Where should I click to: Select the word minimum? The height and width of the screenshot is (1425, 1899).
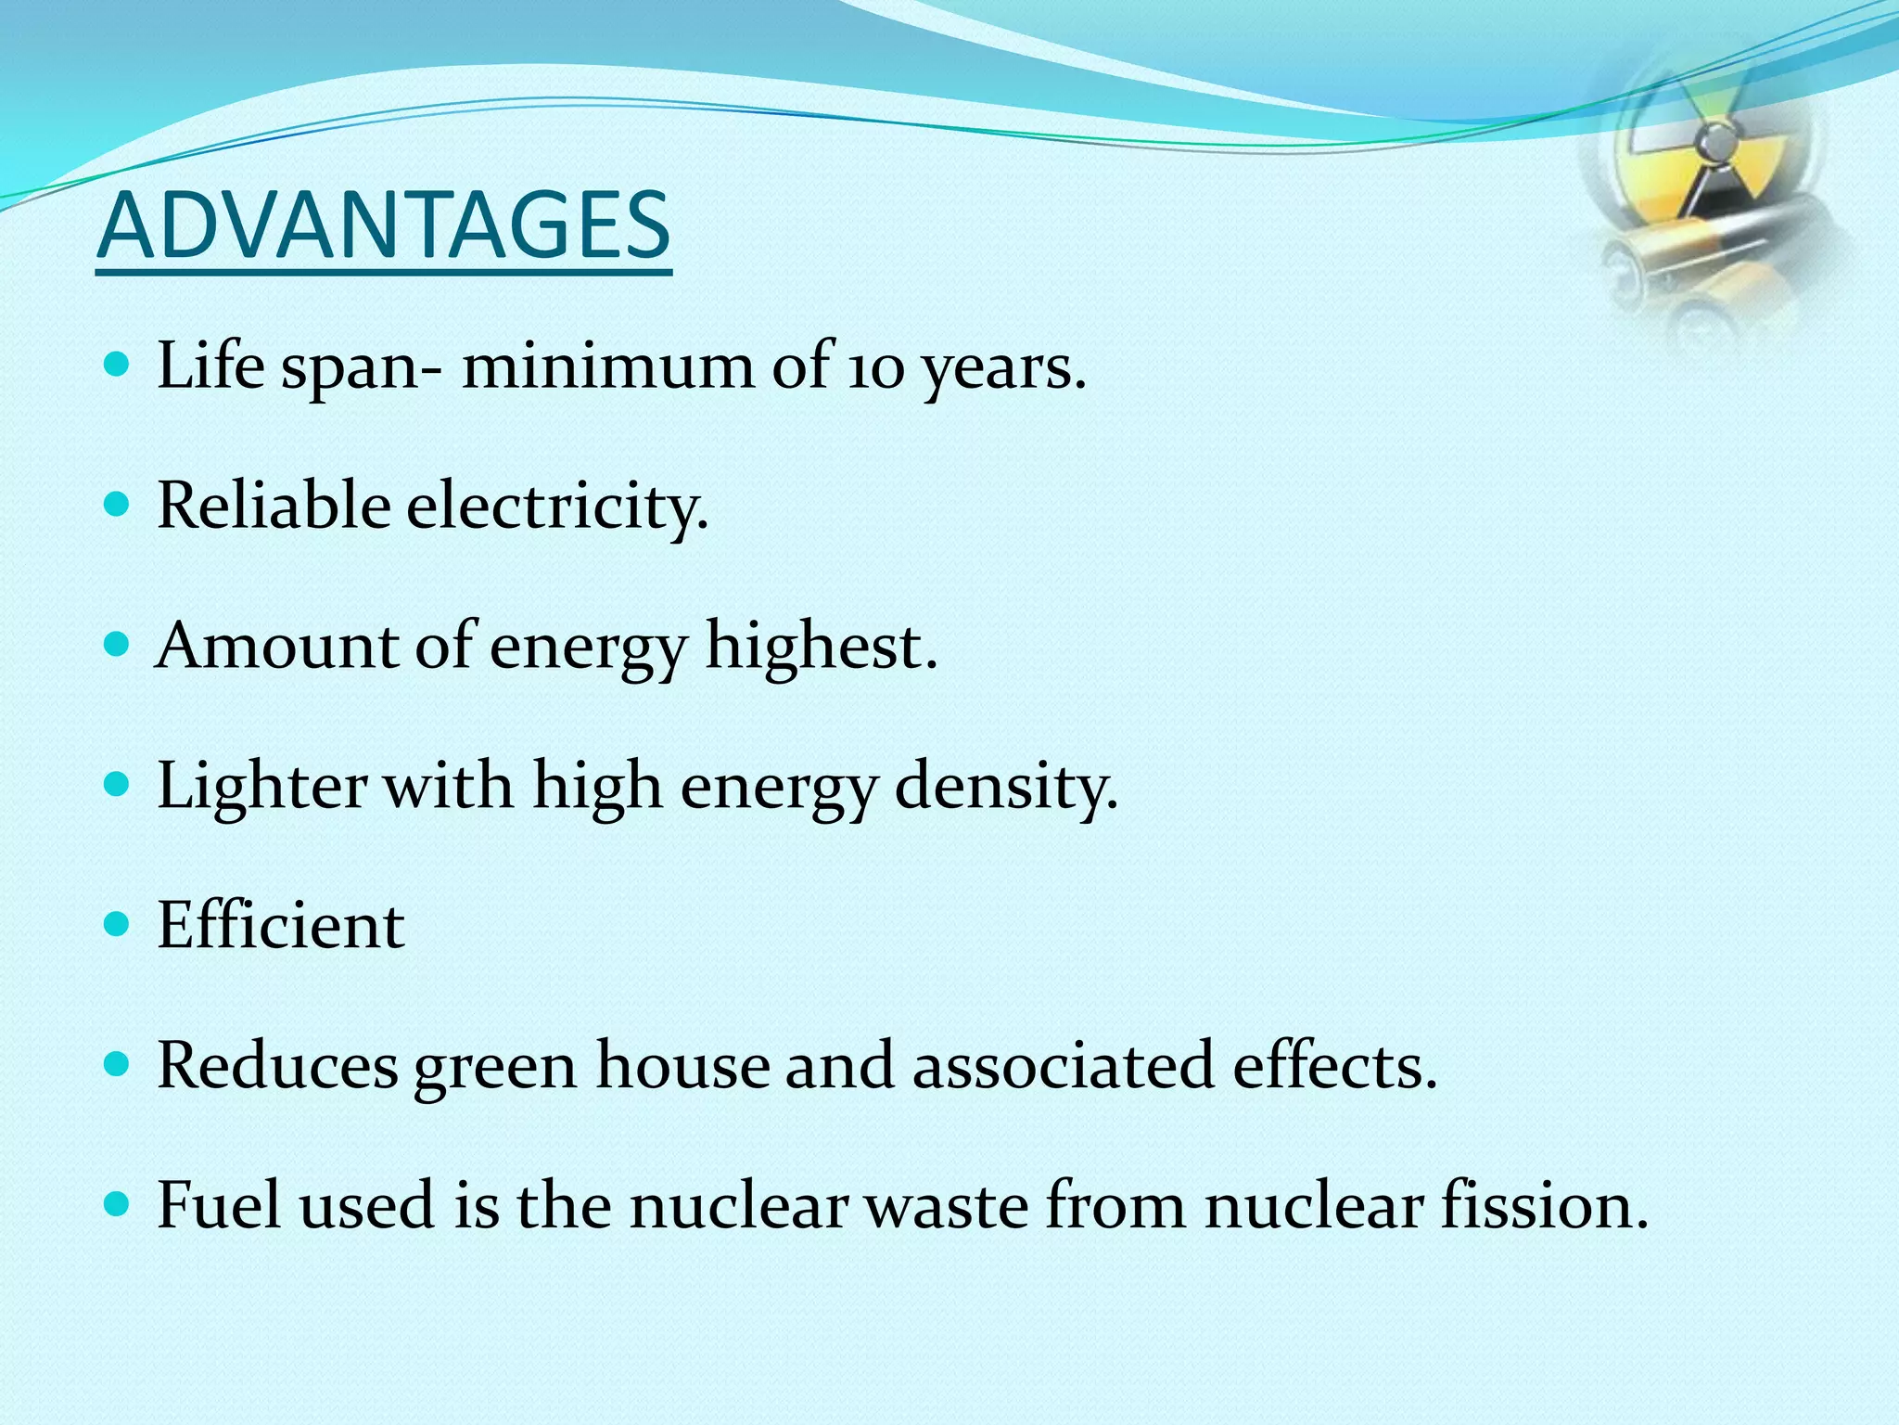coord(607,366)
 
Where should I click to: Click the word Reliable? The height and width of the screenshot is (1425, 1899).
coord(274,507)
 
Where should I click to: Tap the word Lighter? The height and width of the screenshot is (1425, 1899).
coord(261,787)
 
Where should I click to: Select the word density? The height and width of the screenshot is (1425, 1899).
coord(1005,787)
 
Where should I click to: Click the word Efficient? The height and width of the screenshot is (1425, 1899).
coord(280,926)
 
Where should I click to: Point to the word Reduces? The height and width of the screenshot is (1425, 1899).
coord(277,1065)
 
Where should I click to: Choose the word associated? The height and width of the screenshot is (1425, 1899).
coord(1063,1065)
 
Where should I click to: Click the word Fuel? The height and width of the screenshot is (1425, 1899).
coord(219,1205)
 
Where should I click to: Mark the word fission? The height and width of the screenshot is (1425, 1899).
coord(1544,1205)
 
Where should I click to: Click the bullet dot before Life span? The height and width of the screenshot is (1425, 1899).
coord(117,364)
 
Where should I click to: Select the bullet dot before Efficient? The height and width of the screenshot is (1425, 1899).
coord(117,924)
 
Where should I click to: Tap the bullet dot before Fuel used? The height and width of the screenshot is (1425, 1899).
coord(117,1204)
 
